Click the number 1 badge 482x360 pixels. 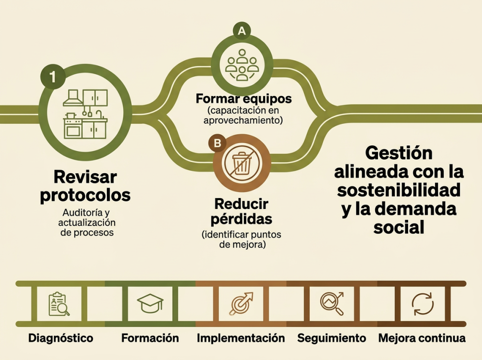coord(53,77)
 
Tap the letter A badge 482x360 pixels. coord(242,31)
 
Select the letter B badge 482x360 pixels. coord(217,143)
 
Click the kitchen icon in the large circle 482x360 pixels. coord(86,114)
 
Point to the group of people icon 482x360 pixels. coord(242,65)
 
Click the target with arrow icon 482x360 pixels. coord(241,304)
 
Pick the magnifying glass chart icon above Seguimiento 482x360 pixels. coord(332,304)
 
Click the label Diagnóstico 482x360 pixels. coord(61,338)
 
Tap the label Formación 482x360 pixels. coord(150,338)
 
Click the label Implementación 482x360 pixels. coord(241,338)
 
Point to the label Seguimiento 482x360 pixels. coord(332,338)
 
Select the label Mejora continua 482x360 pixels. coord(422,338)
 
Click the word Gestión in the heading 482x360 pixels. coord(399,153)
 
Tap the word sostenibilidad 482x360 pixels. coord(399,190)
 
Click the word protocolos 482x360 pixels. coord(86,195)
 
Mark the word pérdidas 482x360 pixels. coord(241,219)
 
